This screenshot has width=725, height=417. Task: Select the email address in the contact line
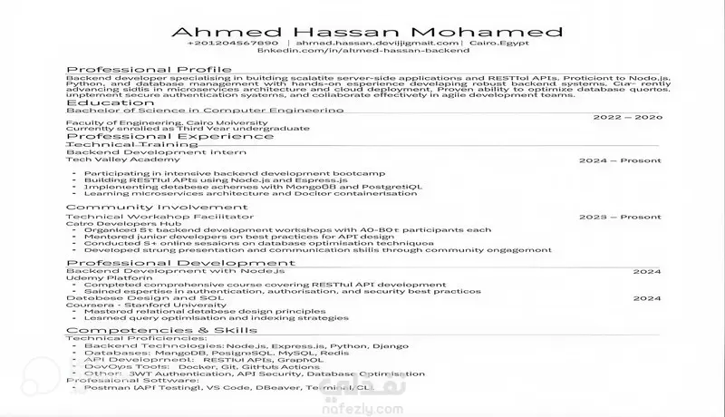(x=377, y=43)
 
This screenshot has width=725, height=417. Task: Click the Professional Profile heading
(x=149, y=70)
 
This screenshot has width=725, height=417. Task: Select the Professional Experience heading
(x=159, y=135)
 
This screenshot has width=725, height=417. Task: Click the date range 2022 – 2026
(x=627, y=118)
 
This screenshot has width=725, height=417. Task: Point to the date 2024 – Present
(x=620, y=160)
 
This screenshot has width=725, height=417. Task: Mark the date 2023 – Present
(x=620, y=218)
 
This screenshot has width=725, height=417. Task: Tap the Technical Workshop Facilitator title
(x=148, y=217)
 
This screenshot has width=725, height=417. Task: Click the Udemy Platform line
(x=101, y=277)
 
